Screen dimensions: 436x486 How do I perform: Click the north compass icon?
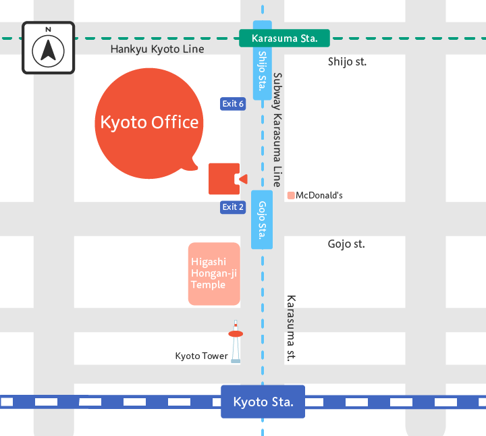click(48, 48)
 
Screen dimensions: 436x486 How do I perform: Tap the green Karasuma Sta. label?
click(284, 38)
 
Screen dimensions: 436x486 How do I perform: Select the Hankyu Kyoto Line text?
click(157, 49)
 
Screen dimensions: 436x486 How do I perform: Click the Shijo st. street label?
click(347, 61)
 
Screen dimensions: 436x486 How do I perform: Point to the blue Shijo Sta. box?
click(262, 74)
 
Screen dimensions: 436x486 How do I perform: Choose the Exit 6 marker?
click(233, 103)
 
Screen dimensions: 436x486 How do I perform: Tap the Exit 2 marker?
click(233, 207)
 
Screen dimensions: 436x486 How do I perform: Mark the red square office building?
click(223, 179)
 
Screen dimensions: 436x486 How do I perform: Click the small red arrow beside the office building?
click(244, 179)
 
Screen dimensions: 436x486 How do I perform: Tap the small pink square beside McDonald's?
click(291, 196)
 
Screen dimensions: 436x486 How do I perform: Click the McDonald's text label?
click(319, 196)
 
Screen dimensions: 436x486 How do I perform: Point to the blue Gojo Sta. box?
click(262, 219)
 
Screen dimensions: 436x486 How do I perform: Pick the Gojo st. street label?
click(346, 244)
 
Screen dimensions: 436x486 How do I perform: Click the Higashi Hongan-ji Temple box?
click(213, 273)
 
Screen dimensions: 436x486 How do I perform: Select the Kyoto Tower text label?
click(201, 356)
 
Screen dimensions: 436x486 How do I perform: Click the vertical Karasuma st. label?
click(292, 327)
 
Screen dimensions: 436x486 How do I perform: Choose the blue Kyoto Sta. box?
click(263, 402)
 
